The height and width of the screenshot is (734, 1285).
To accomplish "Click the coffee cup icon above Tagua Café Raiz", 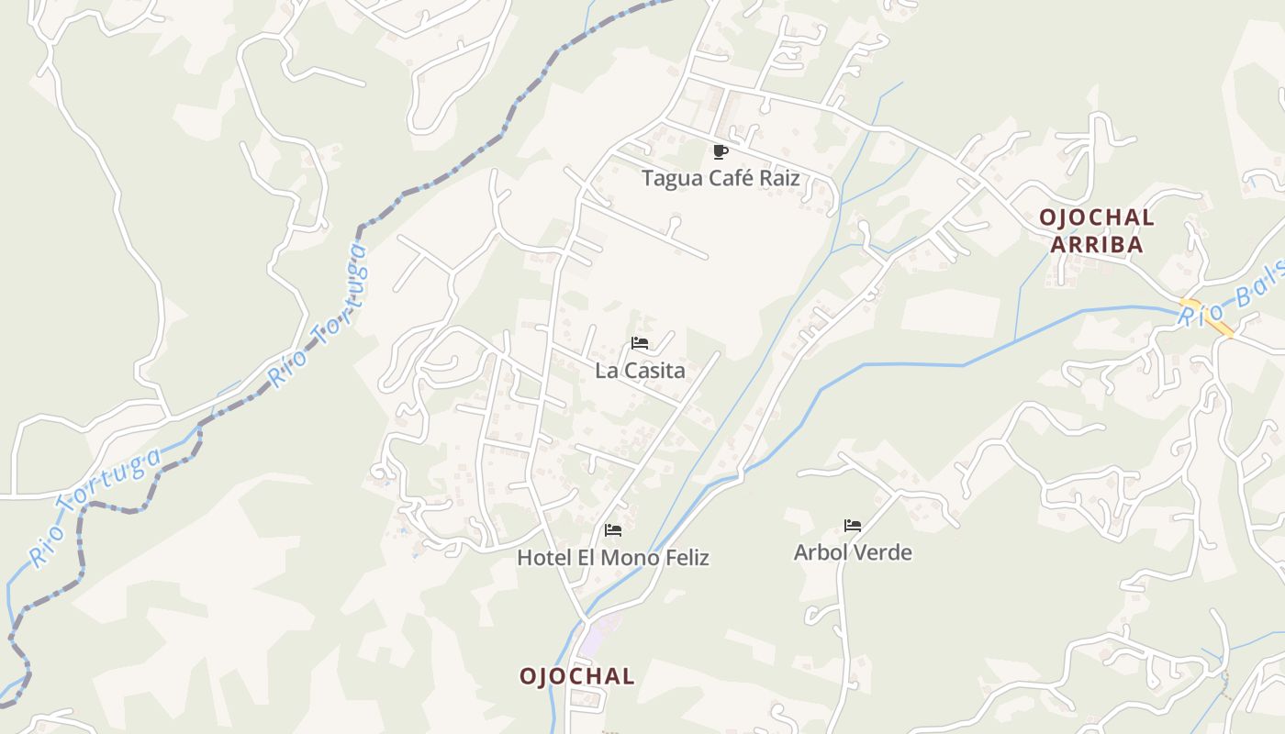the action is tap(721, 152).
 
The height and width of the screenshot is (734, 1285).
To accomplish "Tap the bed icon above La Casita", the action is tap(640, 344).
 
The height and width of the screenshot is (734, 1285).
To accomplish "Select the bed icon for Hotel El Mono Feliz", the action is tap(613, 530).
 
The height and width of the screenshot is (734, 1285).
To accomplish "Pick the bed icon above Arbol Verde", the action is tap(853, 526).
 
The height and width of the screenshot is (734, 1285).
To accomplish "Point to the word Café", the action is tap(724, 178).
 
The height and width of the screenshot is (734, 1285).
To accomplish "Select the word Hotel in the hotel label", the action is tap(541, 558).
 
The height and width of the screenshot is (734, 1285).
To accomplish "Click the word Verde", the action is tap(882, 552).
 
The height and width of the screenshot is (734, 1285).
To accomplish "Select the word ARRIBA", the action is tap(1097, 245).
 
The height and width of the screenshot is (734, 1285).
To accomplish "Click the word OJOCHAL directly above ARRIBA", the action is tap(1097, 218).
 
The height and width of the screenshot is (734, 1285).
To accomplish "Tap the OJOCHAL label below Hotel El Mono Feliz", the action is tap(576, 677).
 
